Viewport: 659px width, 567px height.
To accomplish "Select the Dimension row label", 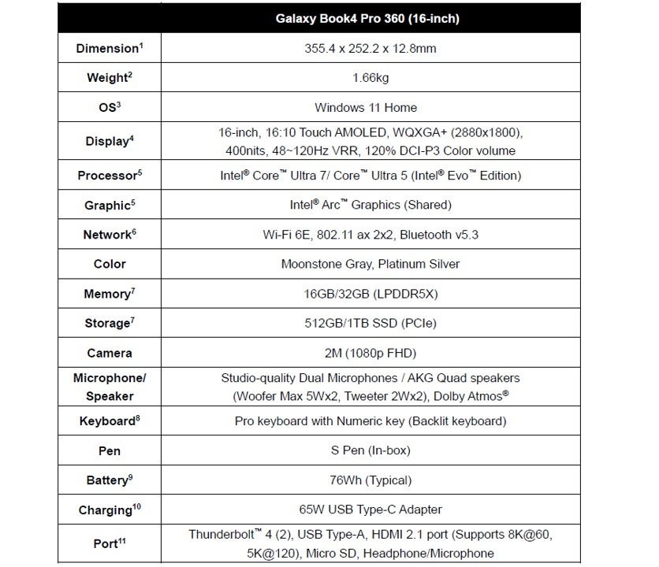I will (x=108, y=48).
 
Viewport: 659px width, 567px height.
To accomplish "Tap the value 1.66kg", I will (x=370, y=77).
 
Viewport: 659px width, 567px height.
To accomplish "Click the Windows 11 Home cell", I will (x=366, y=107).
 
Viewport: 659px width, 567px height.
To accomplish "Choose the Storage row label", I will (x=107, y=323).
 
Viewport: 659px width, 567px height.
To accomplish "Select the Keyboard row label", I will (x=108, y=421).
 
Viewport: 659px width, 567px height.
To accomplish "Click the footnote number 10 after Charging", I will (x=136, y=506).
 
